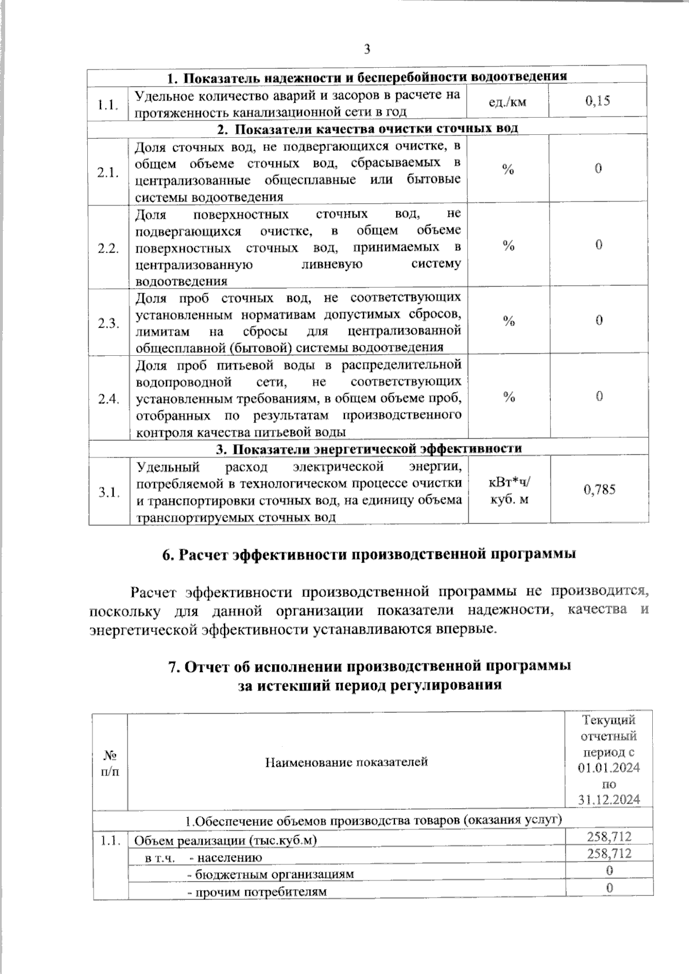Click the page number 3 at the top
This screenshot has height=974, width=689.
point(367,49)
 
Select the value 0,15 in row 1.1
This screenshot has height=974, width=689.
point(598,102)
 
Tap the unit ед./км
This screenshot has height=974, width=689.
point(508,102)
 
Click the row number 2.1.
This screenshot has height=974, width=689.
point(108,172)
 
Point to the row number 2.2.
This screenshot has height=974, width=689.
point(108,249)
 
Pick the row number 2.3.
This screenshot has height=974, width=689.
point(108,323)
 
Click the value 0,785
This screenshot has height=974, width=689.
point(599,490)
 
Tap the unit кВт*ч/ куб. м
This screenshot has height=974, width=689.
point(509,491)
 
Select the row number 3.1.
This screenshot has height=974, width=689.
point(108,492)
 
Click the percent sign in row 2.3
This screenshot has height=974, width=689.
point(509,321)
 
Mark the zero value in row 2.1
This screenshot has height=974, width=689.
point(598,169)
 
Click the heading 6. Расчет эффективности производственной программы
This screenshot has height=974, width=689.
point(369,554)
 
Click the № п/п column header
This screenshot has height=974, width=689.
point(110,762)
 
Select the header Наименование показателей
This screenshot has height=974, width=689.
point(346,762)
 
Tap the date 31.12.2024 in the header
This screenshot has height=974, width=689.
point(609,800)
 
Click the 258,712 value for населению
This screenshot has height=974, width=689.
point(609,853)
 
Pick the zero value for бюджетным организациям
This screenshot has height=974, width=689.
point(609,870)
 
